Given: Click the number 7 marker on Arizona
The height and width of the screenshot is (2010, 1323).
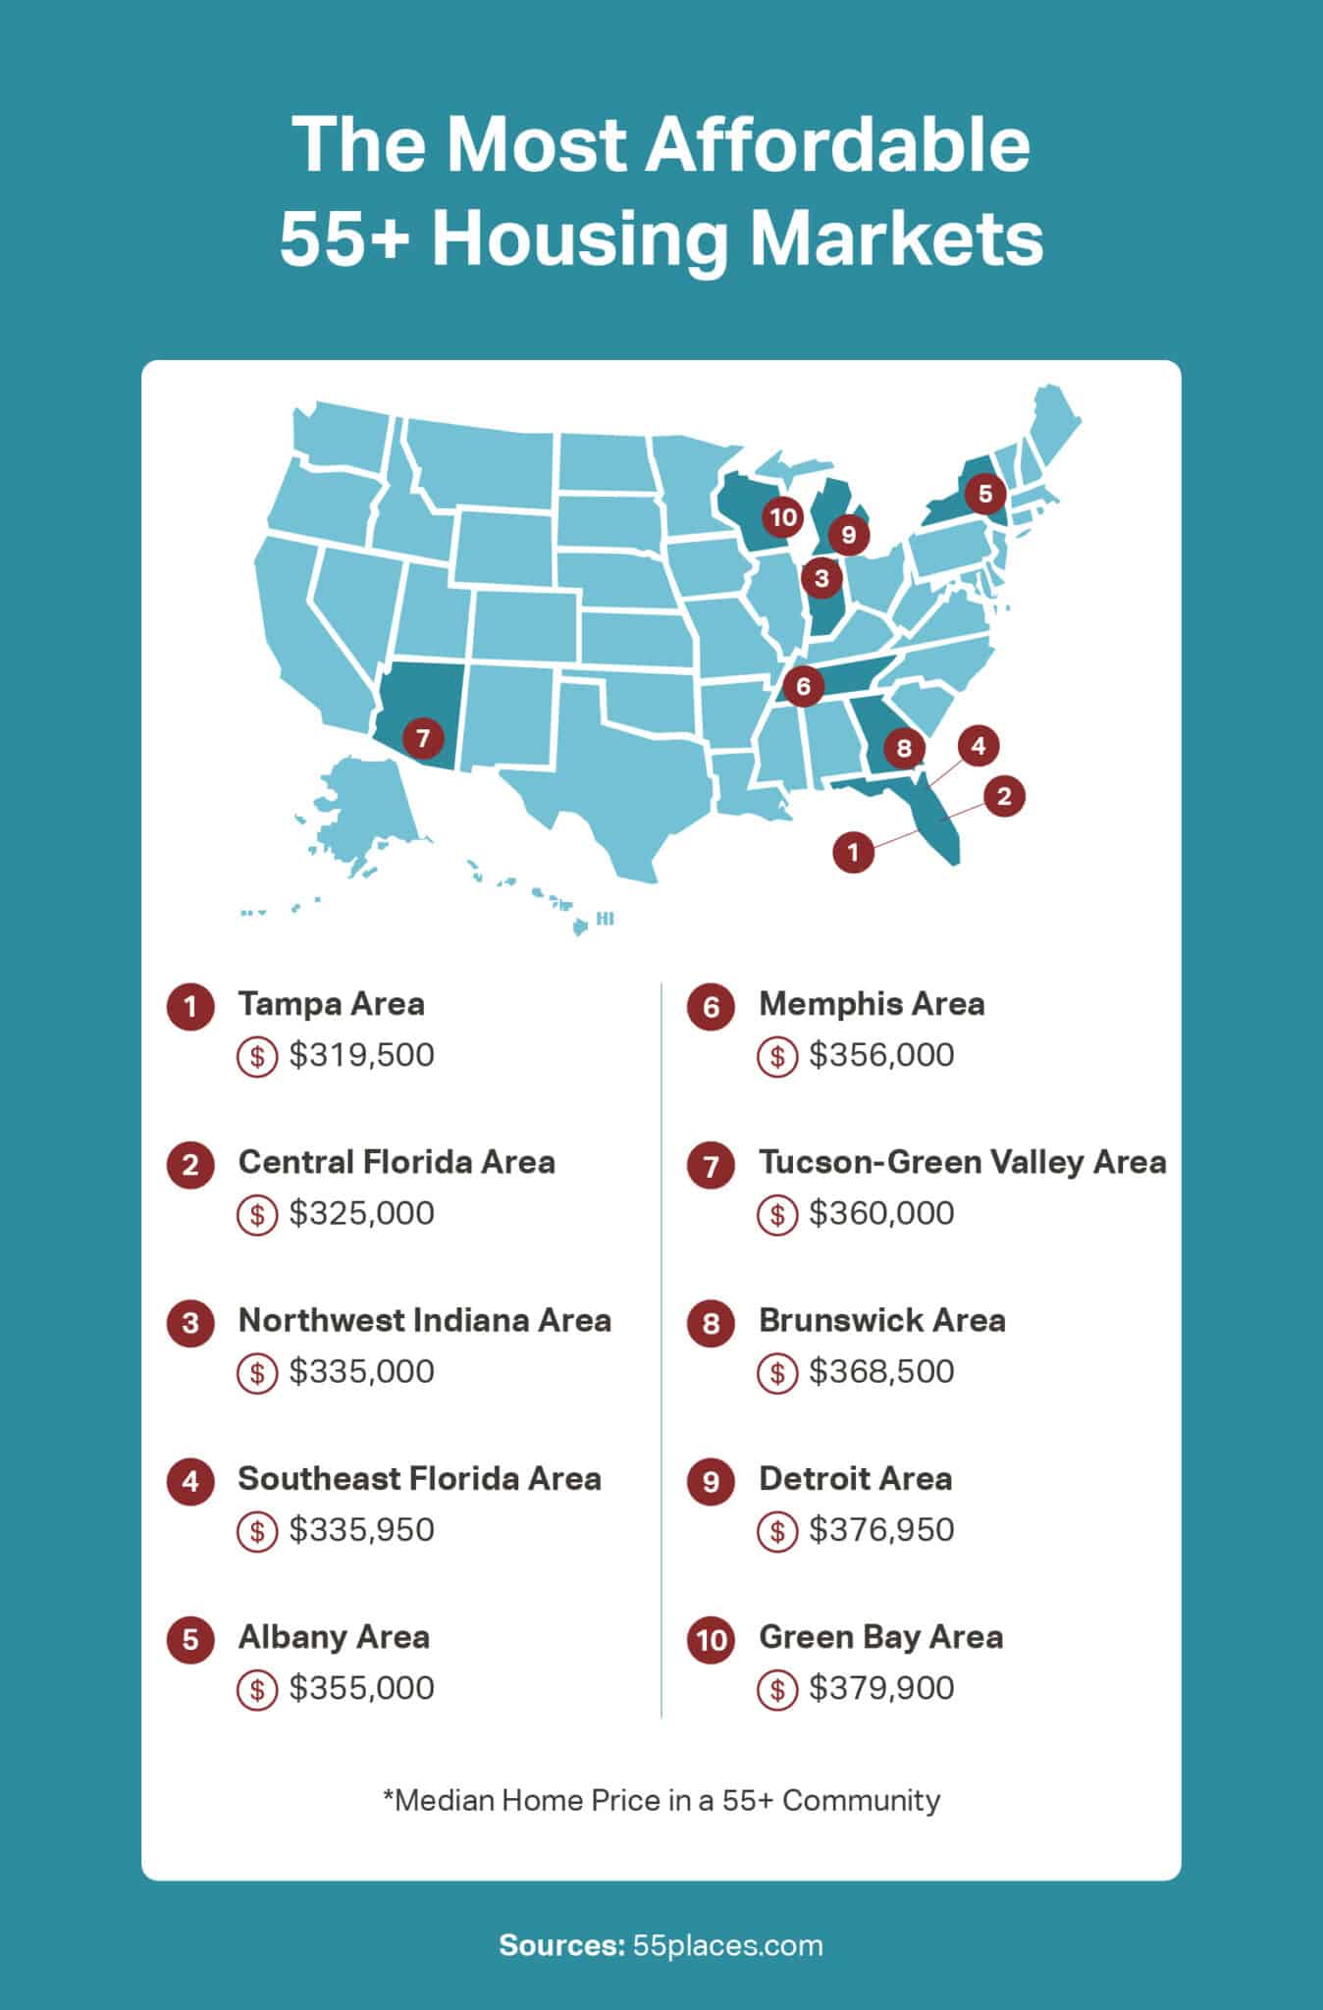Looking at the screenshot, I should [423, 736].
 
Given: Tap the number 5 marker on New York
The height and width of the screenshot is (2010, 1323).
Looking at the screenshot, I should [985, 494].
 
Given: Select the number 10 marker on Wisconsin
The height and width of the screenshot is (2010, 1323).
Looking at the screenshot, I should [783, 517].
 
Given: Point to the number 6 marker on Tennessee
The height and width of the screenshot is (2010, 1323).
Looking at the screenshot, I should [804, 685].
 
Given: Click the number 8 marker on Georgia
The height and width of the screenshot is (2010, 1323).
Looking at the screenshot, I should [904, 749].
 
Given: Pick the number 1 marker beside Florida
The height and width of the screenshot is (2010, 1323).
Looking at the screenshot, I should [853, 851].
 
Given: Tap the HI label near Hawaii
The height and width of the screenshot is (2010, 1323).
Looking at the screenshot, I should [605, 920].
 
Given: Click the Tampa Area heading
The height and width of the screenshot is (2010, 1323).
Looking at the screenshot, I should [331, 1004].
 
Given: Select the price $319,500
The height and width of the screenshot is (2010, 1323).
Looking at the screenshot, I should [361, 1056].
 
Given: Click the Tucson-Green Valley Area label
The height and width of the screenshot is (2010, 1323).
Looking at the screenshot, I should [962, 1162].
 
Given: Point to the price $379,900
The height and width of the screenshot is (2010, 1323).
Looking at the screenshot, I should [881, 1688].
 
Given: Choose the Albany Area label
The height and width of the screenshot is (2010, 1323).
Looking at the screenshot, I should [334, 1637].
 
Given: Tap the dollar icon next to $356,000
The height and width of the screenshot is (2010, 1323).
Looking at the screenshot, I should [777, 1057].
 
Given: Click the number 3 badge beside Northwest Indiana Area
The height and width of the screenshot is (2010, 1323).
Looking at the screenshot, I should [190, 1323].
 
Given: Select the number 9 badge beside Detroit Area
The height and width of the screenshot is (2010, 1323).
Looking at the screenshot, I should [712, 1481].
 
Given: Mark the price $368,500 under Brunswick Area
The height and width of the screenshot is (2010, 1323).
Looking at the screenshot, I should [881, 1372].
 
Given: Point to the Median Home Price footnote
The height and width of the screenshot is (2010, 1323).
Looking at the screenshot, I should [661, 1800].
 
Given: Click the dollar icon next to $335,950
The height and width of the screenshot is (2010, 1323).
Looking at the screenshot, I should [257, 1531].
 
